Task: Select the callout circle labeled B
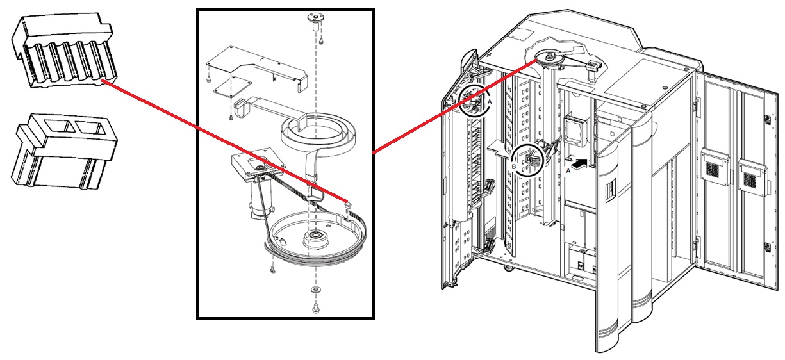(528, 159)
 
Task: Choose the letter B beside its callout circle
(514, 165)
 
